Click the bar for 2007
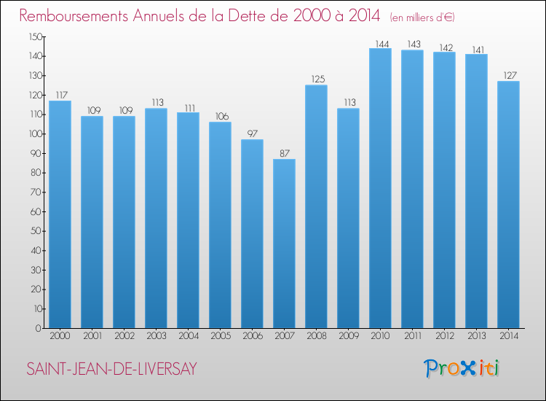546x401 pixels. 284,244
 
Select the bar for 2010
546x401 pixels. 380,188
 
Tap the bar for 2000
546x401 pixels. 60,214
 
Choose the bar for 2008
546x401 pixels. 316,206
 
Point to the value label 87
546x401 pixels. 284,153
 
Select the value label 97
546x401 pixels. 252,133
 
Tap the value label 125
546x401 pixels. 316,79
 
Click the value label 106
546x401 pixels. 220,116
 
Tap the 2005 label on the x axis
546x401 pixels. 220,337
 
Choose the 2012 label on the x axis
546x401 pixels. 444,337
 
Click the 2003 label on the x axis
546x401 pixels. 156,337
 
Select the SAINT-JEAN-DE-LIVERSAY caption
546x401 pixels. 111,370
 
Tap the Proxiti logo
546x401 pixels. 461,368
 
